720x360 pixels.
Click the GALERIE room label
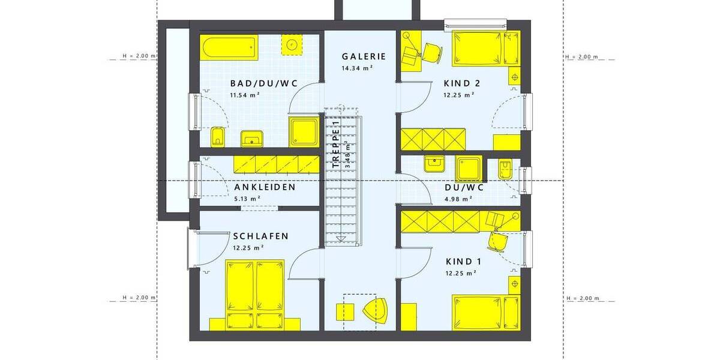pos(364,56)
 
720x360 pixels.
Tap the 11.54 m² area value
pos(245,95)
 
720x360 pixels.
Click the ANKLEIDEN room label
pos(265,187)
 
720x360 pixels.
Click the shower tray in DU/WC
pos(469,168)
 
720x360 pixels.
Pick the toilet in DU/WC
pos(505,168)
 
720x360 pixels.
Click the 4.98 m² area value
pos(458,199)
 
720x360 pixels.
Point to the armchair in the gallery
pos(377,311)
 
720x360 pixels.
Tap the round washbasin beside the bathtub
pos(293,44)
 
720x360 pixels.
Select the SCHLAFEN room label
pos(260,236)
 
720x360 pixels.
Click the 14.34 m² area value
pos(358,68)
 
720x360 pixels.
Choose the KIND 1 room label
pos(464,262)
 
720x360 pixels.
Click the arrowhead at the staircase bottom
pos(341,239)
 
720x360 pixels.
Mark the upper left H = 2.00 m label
pos(139,56)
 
